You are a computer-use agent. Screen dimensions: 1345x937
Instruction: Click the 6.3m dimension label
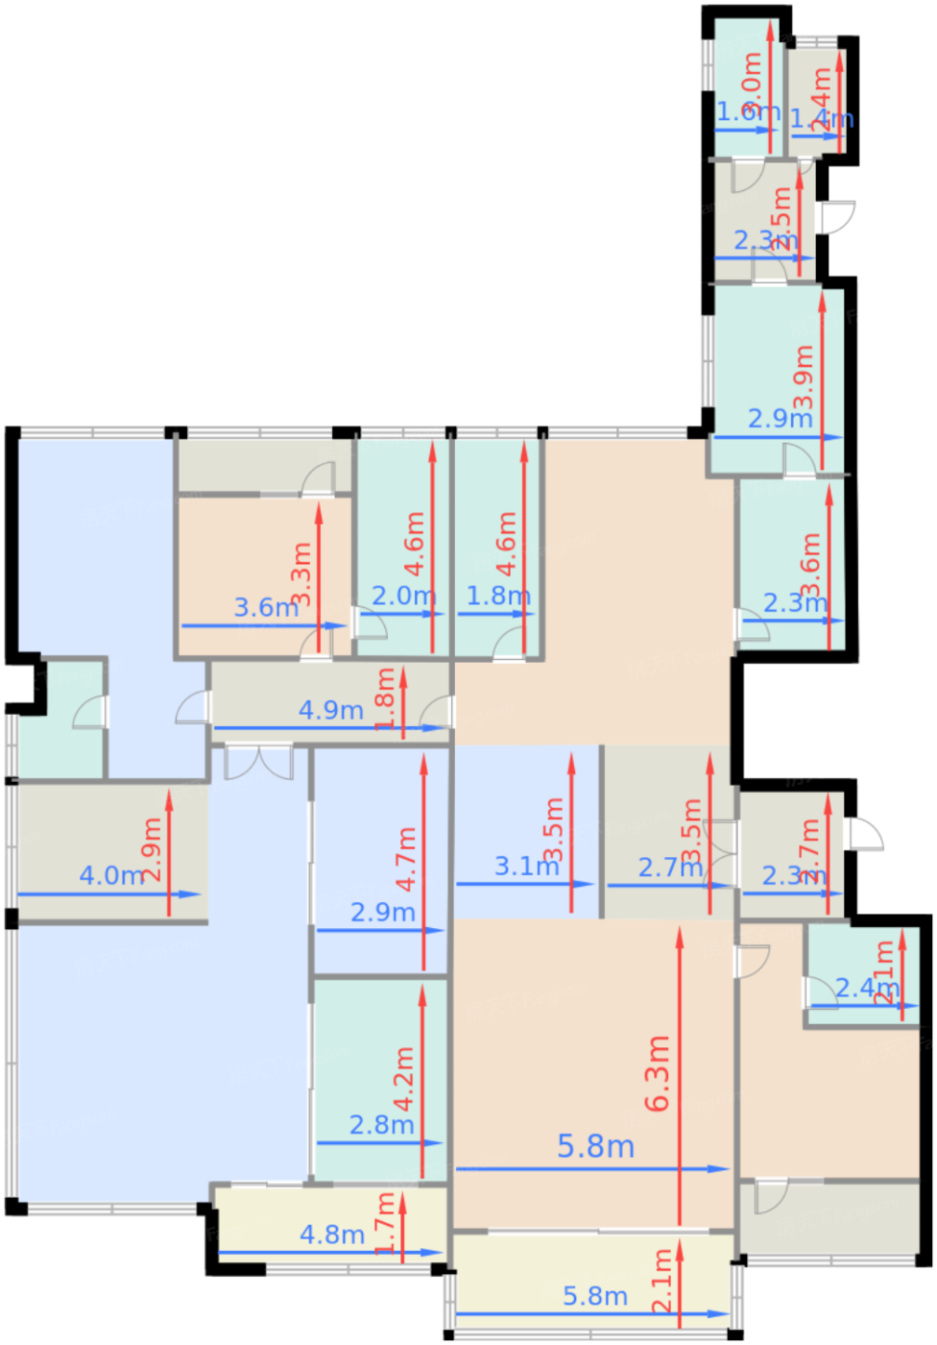(658, 1074)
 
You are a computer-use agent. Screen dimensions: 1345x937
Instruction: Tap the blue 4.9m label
(330, 711)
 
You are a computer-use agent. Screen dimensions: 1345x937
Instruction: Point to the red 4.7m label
(406, 858)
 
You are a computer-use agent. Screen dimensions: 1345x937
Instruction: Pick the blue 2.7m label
(670, 868)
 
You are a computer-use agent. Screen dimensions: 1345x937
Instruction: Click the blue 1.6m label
(748, 112)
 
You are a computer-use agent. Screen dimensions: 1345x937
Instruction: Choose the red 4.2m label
(404, 1079)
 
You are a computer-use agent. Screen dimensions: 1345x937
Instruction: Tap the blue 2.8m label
(381, 1125)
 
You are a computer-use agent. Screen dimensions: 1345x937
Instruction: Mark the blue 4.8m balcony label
(331, 1235)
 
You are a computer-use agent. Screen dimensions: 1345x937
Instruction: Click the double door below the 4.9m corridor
(259, 762)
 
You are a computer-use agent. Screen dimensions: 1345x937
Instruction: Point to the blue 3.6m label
(266, 608)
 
